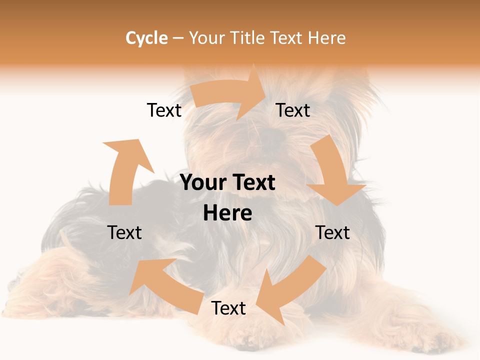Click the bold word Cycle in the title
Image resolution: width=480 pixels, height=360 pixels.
point(146,38)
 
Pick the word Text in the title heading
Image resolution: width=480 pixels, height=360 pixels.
point(287,38)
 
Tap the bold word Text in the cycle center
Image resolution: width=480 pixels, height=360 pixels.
point(251,182)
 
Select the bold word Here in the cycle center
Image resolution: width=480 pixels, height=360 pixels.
point(227,213)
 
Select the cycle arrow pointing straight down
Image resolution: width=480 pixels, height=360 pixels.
point(333,172)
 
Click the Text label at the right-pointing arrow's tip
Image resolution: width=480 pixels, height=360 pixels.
point(293,110)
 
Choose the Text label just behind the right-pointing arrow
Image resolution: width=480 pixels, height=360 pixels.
point(164,110)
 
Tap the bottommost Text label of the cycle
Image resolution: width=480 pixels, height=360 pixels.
point(228,308)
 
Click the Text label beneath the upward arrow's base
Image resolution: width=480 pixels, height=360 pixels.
point(124,232)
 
